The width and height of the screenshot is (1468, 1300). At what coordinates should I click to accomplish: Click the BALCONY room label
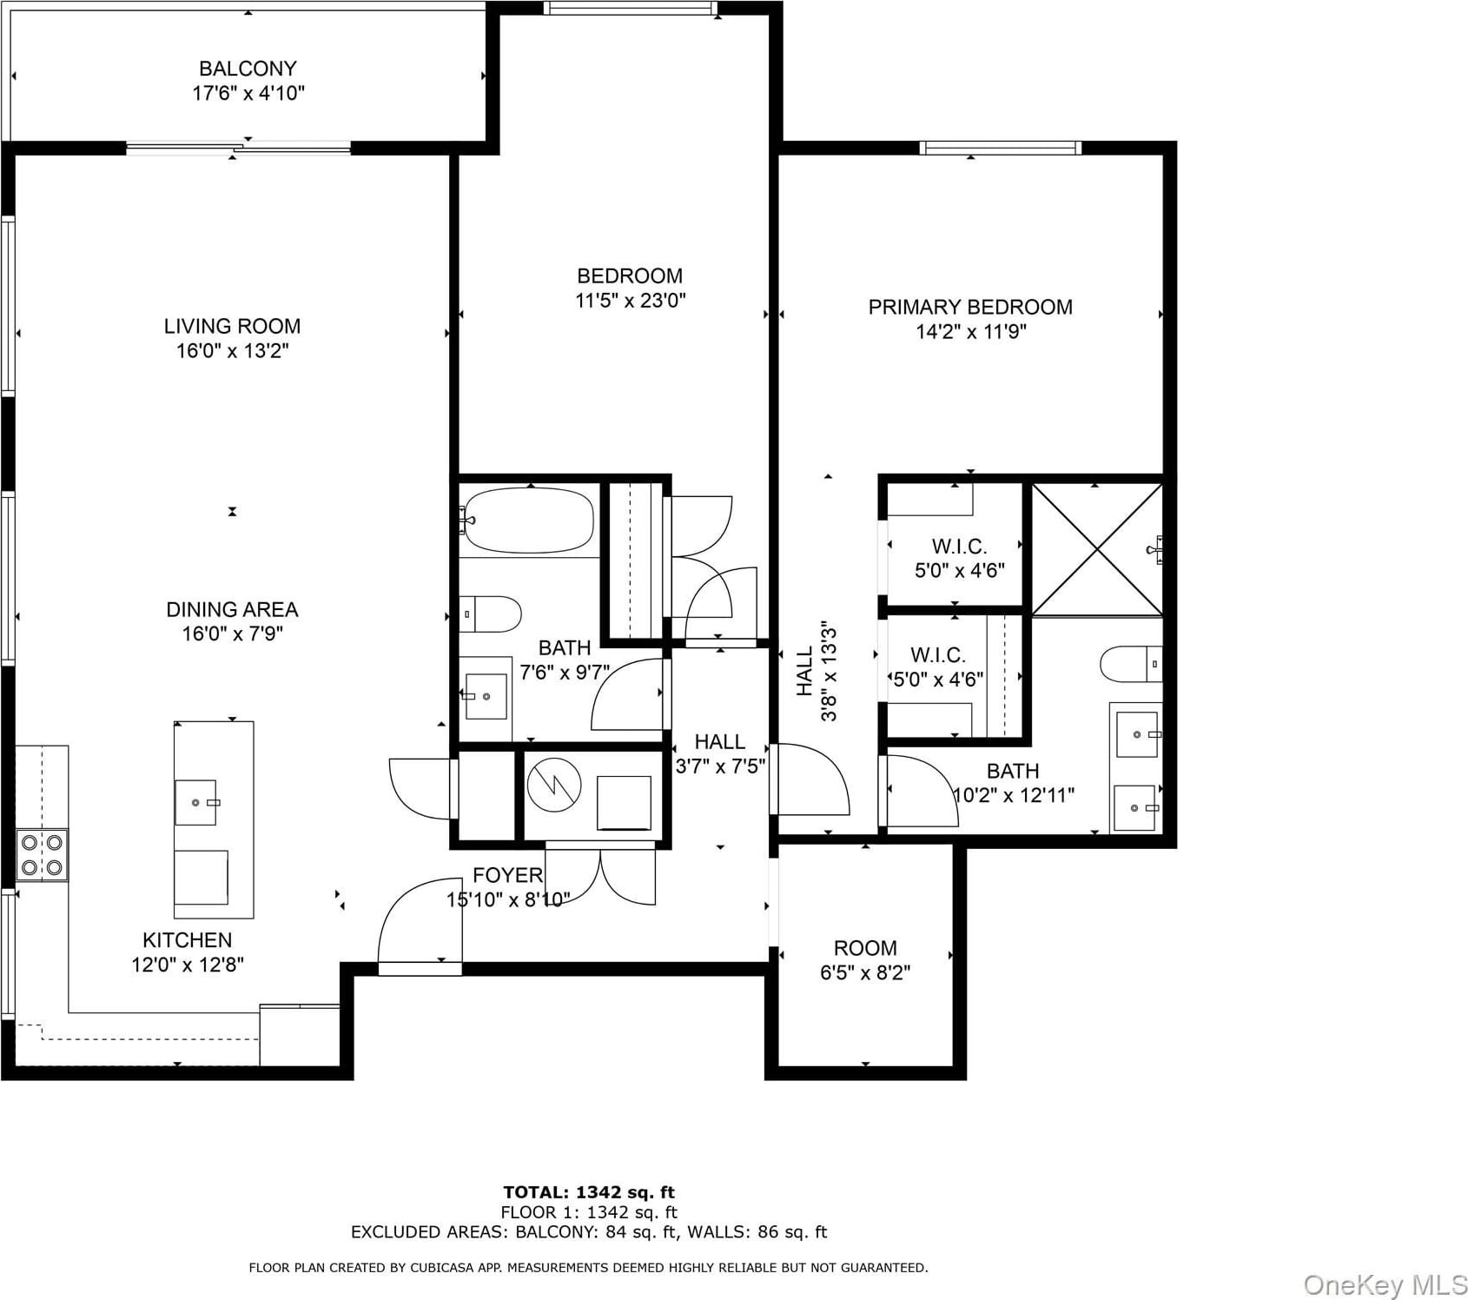point(248,69)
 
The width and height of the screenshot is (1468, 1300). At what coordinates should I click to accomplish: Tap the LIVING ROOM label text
point(232,327)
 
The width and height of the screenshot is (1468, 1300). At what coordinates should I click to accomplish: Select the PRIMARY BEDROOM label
point(970,308)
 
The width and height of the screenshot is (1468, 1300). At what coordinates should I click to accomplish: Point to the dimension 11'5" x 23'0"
point(630,301)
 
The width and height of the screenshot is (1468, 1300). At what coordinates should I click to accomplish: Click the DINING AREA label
point(232,610)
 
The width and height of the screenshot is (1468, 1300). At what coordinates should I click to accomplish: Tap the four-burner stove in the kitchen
point(43,855)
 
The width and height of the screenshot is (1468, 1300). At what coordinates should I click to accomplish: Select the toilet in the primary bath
point(1131,665)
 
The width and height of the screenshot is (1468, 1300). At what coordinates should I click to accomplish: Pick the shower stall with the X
point(1097,549)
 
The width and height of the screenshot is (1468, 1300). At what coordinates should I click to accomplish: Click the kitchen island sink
point(197,801)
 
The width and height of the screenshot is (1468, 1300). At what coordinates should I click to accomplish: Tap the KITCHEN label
point(188,940)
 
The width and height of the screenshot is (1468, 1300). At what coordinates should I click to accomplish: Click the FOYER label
point(508,875)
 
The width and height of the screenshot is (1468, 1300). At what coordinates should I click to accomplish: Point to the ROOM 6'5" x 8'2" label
point(865,960)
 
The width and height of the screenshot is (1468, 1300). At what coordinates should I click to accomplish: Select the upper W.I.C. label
point(959,547)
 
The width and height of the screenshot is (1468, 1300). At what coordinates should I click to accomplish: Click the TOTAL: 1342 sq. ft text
point(589,1192)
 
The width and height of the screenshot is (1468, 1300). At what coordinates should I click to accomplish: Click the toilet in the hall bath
point(490,614)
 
